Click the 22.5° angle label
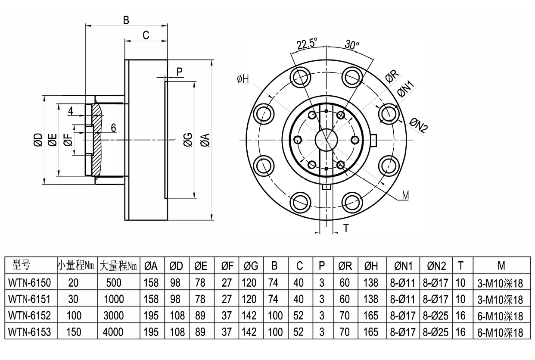pos(307,43)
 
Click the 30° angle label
pos(352,44)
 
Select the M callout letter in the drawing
pos(405,195)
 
